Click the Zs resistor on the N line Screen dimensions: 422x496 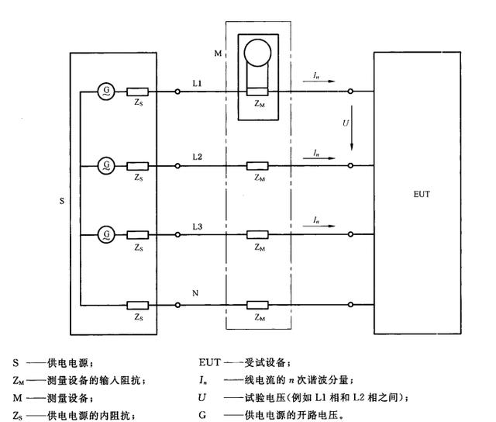pyautogui.click(x=138, y=303)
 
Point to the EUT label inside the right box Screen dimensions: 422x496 pyautogui.click(x=421, y=194)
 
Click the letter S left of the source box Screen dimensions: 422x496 pyautogui.click(x=61, y=201)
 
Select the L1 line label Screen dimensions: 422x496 pyautogui.click(x=198, y=84)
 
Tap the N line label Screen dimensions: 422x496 pyautogui.click(x=197, y=295)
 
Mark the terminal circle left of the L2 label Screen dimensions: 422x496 pyautogui.click(x=178, y=165)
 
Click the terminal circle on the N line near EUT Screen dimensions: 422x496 pyautogui.click(x=350, y=303)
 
